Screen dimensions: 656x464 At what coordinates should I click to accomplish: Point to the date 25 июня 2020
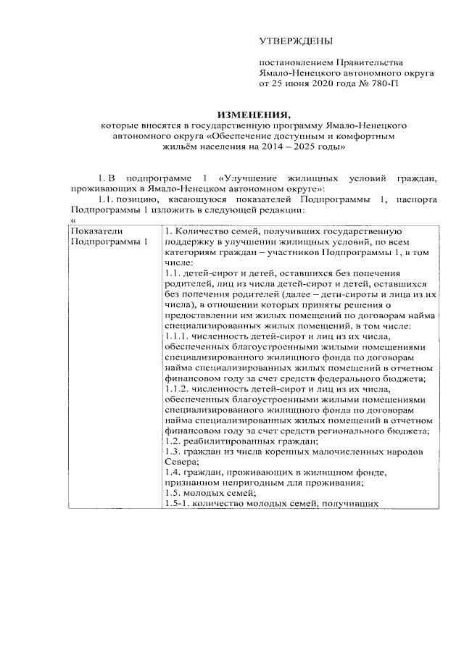(303, 83)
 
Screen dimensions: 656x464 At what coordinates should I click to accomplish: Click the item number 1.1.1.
(176, 336)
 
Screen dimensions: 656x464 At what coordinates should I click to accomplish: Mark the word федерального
(355, 378)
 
